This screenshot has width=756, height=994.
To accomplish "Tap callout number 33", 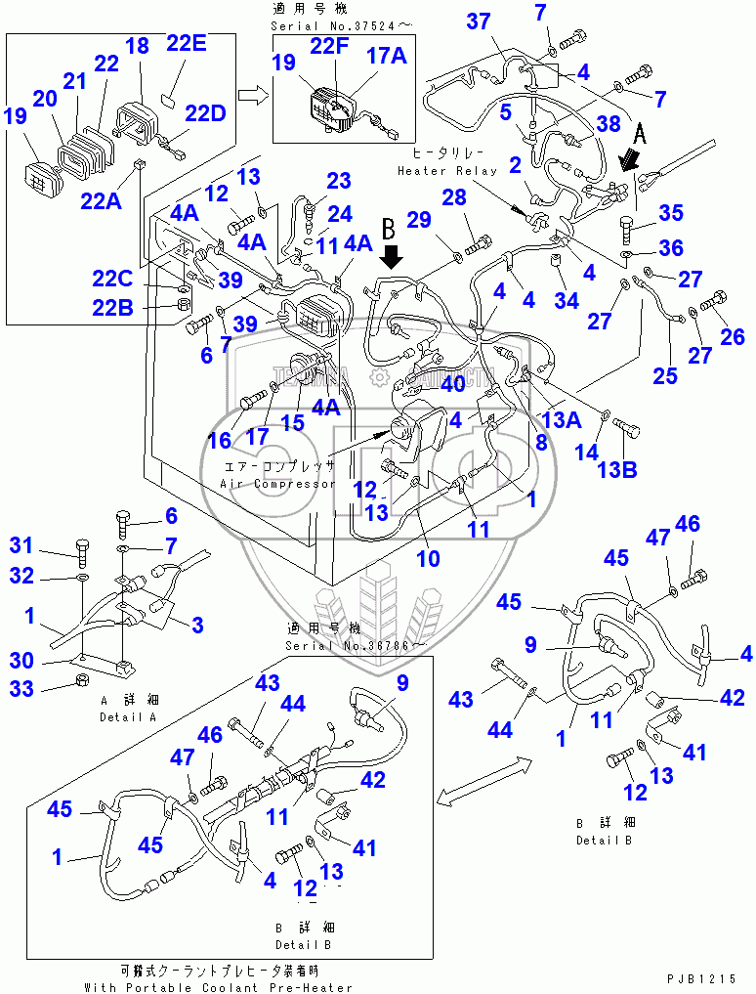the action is point(21,690).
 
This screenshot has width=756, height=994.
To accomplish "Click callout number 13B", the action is point(616,470).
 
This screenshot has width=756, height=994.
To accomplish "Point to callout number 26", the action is point(732,337).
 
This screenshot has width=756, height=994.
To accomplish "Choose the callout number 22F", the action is point(329,45).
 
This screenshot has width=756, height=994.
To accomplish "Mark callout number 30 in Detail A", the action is point(21,661).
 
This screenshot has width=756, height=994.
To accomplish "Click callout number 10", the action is point(428,559).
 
